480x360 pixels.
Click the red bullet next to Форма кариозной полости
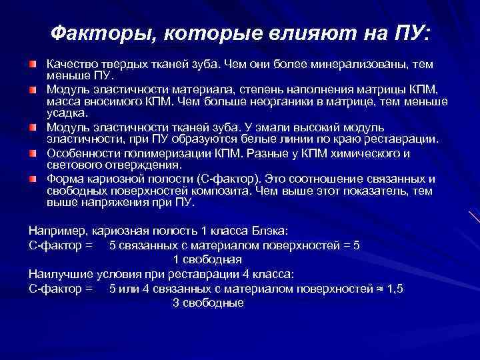(33, 179)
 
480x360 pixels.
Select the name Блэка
(271, 231)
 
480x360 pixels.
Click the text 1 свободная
(207, 259)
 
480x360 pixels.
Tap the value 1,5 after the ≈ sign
(394, 289)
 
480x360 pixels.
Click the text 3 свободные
(208, 303)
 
